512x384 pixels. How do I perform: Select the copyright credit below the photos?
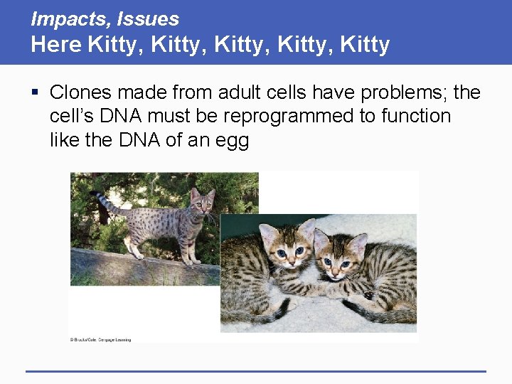(100, 340)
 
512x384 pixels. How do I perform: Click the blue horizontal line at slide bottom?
(256, 370)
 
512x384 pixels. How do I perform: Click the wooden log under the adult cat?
(142, 267)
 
